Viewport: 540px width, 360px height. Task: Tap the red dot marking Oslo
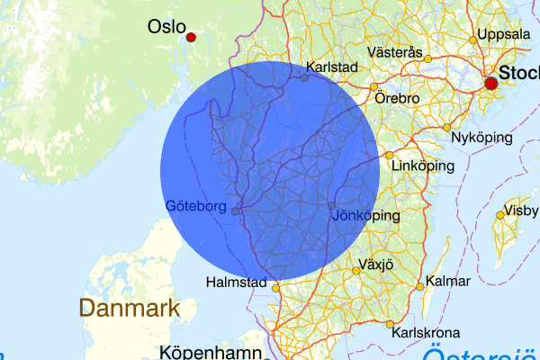191,37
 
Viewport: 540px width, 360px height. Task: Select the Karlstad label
332,67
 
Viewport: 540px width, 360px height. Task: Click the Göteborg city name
195,206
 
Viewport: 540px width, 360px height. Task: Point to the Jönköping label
365,216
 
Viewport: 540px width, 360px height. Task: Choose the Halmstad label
235,283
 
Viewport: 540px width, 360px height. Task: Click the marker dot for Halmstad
275,289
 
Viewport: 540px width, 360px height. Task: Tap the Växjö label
377,265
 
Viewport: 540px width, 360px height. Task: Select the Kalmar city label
448,282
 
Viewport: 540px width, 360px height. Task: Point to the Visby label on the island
522,211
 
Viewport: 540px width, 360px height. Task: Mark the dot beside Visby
499,215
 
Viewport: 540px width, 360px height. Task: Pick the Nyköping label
482,138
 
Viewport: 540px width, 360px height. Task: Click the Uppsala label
505,34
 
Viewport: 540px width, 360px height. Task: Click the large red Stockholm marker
490,84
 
